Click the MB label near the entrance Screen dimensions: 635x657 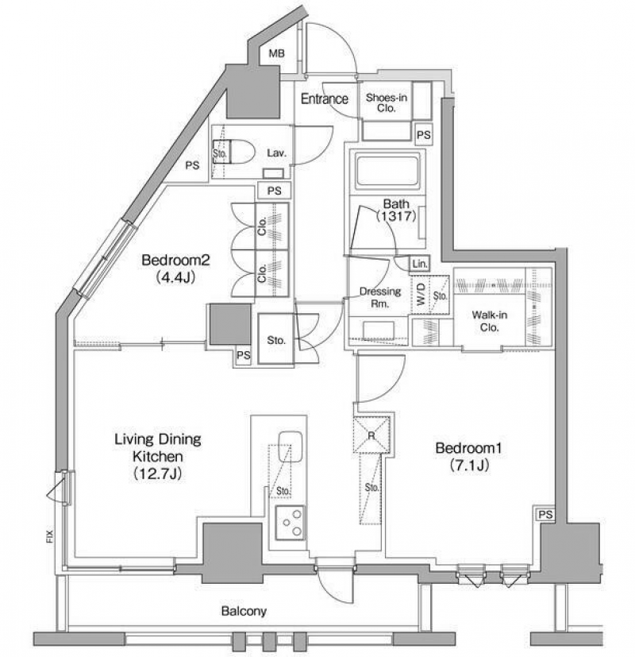(x=276, y=53)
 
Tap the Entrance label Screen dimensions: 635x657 (x=325, y=99)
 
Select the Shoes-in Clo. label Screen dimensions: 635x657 (x=386, y=102)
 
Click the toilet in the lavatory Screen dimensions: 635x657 (x=237, y=152)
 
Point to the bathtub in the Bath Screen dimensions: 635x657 (x=387, y=171)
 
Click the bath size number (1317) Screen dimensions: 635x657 (x=396, y=216)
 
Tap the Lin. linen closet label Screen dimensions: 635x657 (x=420, y=264)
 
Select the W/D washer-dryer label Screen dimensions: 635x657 (x=421, y=294)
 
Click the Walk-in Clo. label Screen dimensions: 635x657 (x=489, y=321)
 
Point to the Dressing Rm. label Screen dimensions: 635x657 (x=380, y=297)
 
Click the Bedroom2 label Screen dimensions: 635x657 (x=175, y=261)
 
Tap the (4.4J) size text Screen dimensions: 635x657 (x=175, y=277)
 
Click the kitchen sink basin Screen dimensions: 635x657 (x=290, y=446)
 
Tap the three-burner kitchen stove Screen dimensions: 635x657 (x=290, y=523)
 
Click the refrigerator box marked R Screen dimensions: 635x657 (x=371, y=435)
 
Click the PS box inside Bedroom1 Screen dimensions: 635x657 (x=545, y=514)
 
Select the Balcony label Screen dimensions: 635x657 (x=244, y=612)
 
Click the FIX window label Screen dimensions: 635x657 (x=50, y=537)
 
